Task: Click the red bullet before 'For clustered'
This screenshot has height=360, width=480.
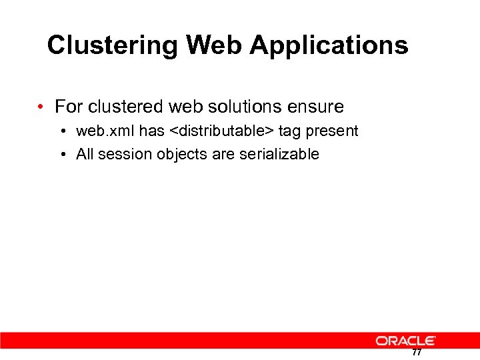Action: click(x=41, y=107)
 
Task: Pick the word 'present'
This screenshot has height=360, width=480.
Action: click(x=331, y=131)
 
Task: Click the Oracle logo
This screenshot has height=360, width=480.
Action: click(x=405, y=341)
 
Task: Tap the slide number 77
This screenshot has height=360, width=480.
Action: click(x=416, y=353)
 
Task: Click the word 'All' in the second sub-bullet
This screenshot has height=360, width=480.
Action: click(x=85, y=155)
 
